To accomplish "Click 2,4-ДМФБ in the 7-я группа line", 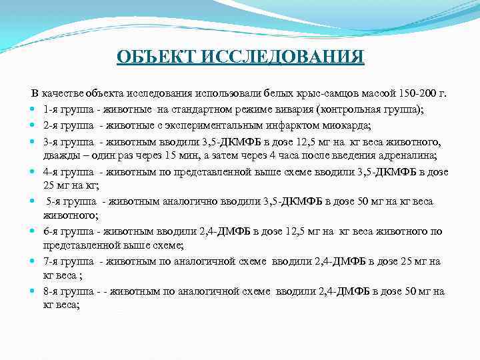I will tap(316, 262).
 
